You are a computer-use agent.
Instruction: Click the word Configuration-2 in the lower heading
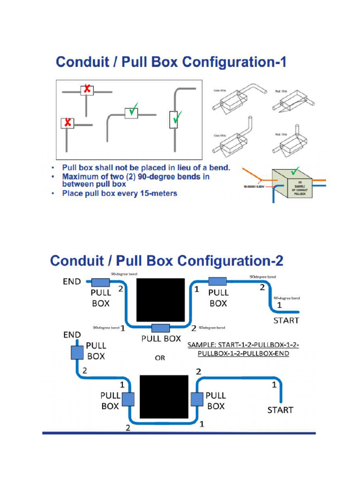pos(227,261)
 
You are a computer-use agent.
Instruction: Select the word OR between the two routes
pos(160,358)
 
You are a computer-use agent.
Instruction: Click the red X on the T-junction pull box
pos(87,89)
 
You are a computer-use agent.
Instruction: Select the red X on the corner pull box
pos(68,123)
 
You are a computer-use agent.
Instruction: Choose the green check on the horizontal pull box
pos(132,112)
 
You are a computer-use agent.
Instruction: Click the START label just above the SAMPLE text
pos(286,321)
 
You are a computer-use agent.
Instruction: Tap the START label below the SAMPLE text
pos(280,410)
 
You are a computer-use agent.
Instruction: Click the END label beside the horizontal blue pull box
pos(72,282)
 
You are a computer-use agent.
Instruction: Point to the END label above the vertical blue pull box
pos(72,335)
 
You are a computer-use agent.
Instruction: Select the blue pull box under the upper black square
pos(160,327)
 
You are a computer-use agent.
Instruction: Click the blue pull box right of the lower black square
pos(196,399)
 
